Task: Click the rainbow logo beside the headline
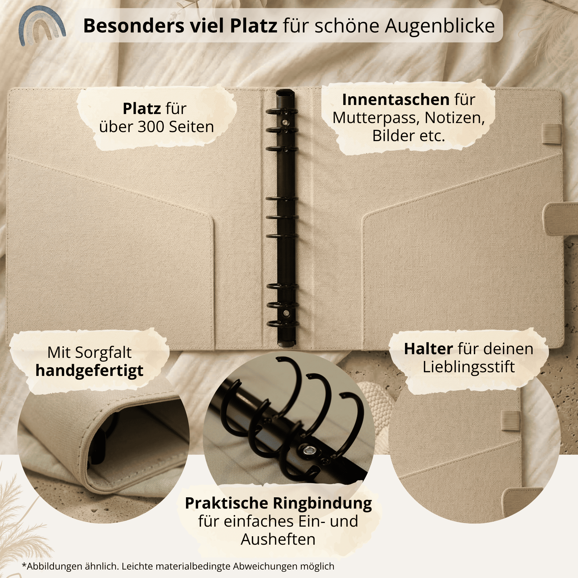click(x=41, y=26)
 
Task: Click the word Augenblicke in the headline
click(x=439, y=26)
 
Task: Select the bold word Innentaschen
click(x=395, y=100)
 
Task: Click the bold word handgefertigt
click(x=89, y=370)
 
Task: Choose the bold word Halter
click(x=428, y=349)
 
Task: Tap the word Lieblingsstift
click(x=468, y=367)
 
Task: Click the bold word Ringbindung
click(x=324, y=503)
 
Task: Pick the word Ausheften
click(x=278, y=539)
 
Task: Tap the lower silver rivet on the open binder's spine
click(x=286, y=313)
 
